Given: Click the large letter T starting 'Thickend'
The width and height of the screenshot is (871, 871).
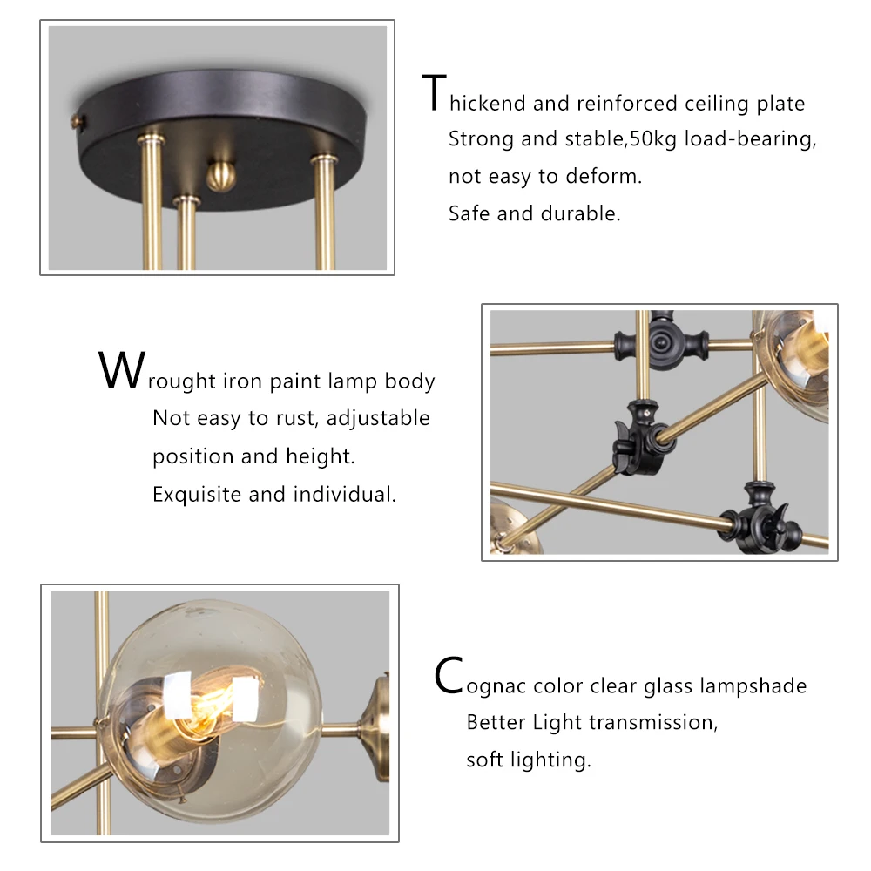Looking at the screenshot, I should tap(434, 93).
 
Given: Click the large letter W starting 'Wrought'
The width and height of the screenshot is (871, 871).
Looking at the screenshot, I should tap(119, 371).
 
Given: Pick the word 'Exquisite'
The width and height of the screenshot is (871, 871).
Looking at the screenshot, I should tap(198, 495).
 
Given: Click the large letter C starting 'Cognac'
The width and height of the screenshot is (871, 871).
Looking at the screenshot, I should tap(448, 676).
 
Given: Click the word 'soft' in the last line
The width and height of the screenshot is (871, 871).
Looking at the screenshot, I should tap(484, 760).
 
